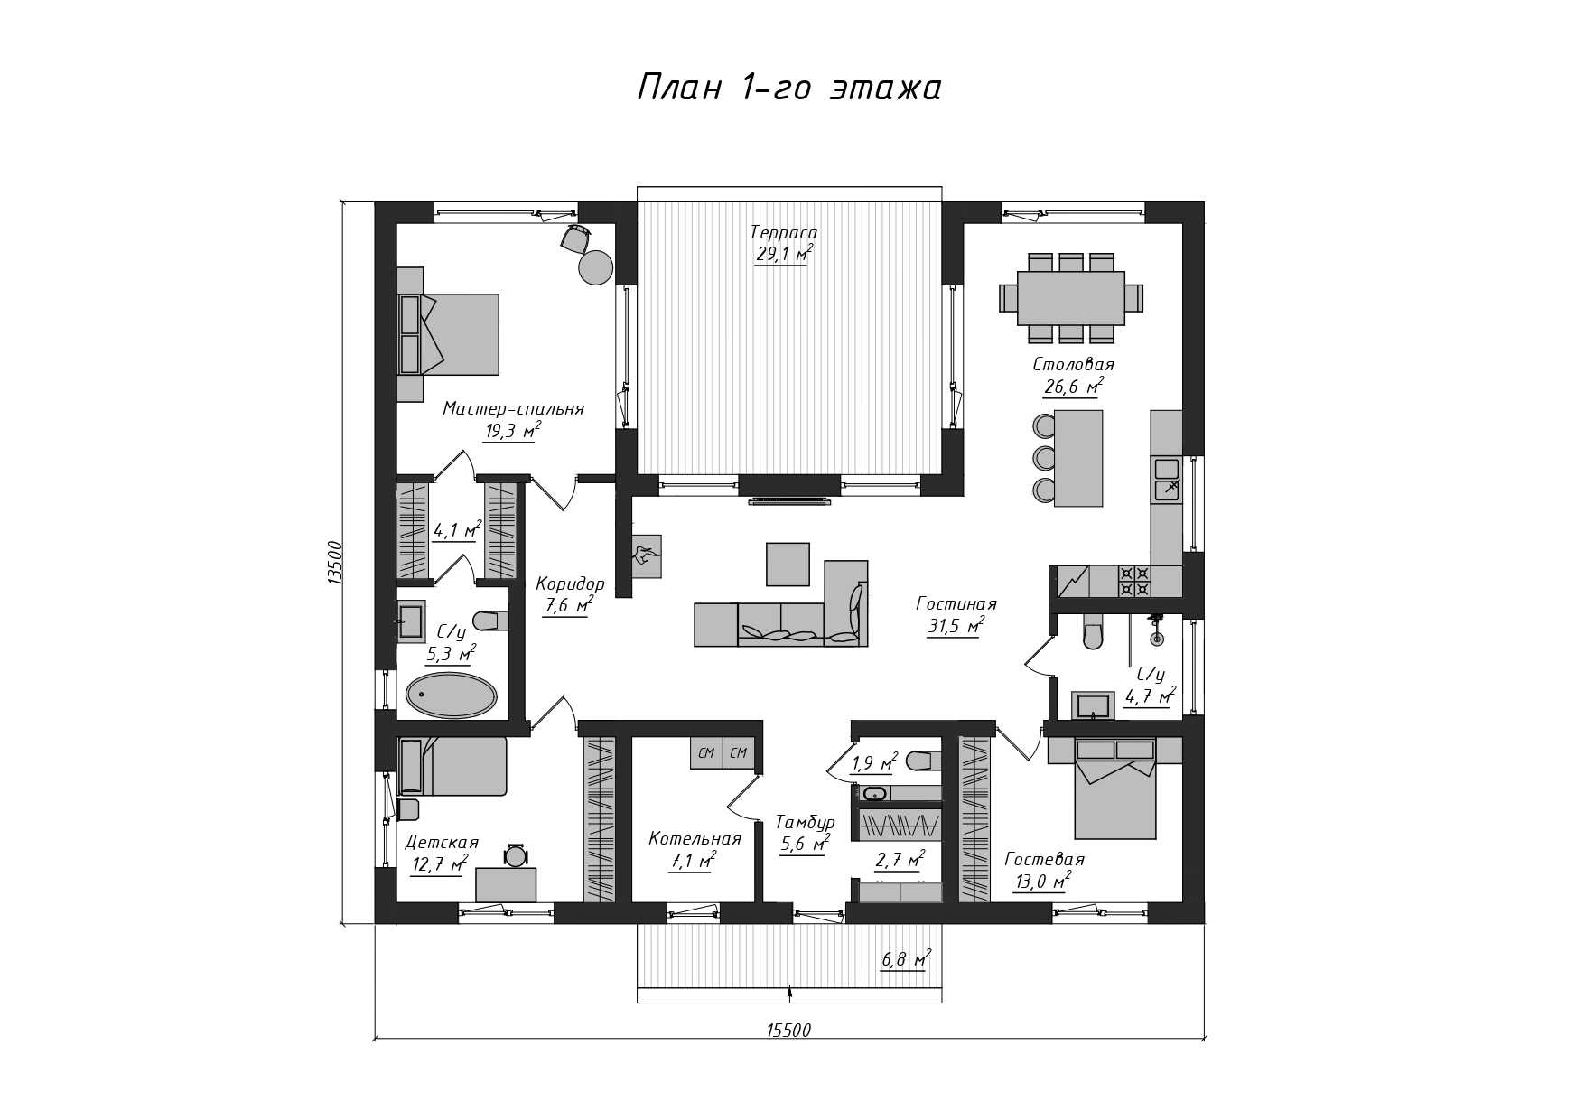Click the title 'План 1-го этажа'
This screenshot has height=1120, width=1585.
point(789,89)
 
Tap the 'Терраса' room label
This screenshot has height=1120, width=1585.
point(784,233)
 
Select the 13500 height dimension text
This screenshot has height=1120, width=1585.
point(334,562)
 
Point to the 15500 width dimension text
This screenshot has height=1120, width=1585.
point(788,1031)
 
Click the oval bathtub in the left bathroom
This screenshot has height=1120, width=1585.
point(451,695)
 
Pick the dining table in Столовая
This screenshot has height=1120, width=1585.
point(1071,298)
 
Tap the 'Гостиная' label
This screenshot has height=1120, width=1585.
point(956,603)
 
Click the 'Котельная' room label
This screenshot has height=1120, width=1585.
point(695,839)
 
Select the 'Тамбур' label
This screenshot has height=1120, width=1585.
point(805,823)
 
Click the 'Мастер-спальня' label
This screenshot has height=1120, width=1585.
point(513,409)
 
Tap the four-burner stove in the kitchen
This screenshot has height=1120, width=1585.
point(1134,581)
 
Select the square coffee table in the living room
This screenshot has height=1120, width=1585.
point(788,565)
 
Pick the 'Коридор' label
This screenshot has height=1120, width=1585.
point(570,583)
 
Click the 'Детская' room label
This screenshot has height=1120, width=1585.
point(442,843)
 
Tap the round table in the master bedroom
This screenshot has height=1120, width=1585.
point(596,267)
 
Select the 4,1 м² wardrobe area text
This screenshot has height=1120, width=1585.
point(456,530)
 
